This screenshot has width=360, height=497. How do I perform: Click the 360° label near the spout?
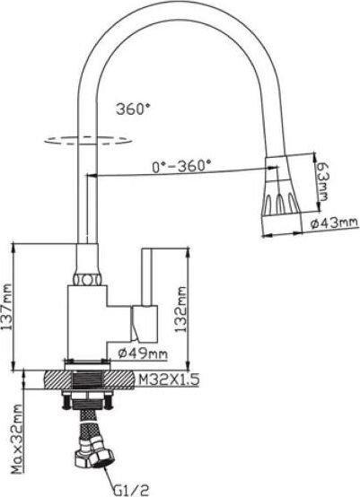pos(133,109)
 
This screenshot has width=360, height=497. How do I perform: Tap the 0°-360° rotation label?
pos(181,166)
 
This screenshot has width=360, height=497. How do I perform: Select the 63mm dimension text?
pos(322,181)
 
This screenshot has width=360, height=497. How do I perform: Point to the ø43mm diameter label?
pos(334,223)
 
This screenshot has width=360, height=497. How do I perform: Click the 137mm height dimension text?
pos(6,307)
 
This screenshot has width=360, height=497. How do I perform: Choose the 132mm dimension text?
pos(180,310)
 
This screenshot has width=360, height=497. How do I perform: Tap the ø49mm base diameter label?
pos(143,353)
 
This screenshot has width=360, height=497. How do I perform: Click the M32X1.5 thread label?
pos(168,379)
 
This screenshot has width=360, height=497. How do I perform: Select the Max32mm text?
pos(18,439)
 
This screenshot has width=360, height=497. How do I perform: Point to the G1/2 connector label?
pos(131,490)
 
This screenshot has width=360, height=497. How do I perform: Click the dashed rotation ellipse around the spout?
pos(88,141)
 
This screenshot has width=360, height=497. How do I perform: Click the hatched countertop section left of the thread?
pos(57,379)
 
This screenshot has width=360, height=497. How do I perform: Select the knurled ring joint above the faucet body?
pos(87,280)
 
